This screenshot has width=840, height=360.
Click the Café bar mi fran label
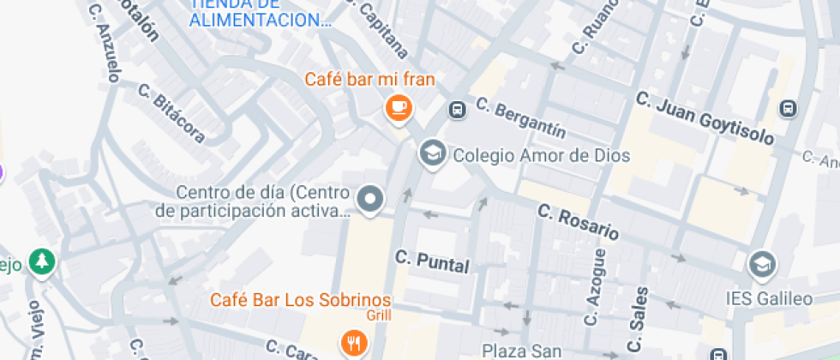tap(370, 80)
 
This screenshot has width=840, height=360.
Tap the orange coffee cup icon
tap(398, 107)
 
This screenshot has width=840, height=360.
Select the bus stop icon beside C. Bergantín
tap(458, 109)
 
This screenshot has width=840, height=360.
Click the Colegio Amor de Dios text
tap(541, 155)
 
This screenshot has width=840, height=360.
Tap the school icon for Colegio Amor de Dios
tap(432, 154)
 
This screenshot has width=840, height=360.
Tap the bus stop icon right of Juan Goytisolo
tap(787, 109)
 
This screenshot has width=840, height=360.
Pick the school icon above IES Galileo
tap(761, 266)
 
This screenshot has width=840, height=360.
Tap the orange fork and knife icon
tap(353, 343)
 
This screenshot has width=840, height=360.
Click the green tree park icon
tap(40, 263)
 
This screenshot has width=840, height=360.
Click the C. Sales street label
tap(639, 324)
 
